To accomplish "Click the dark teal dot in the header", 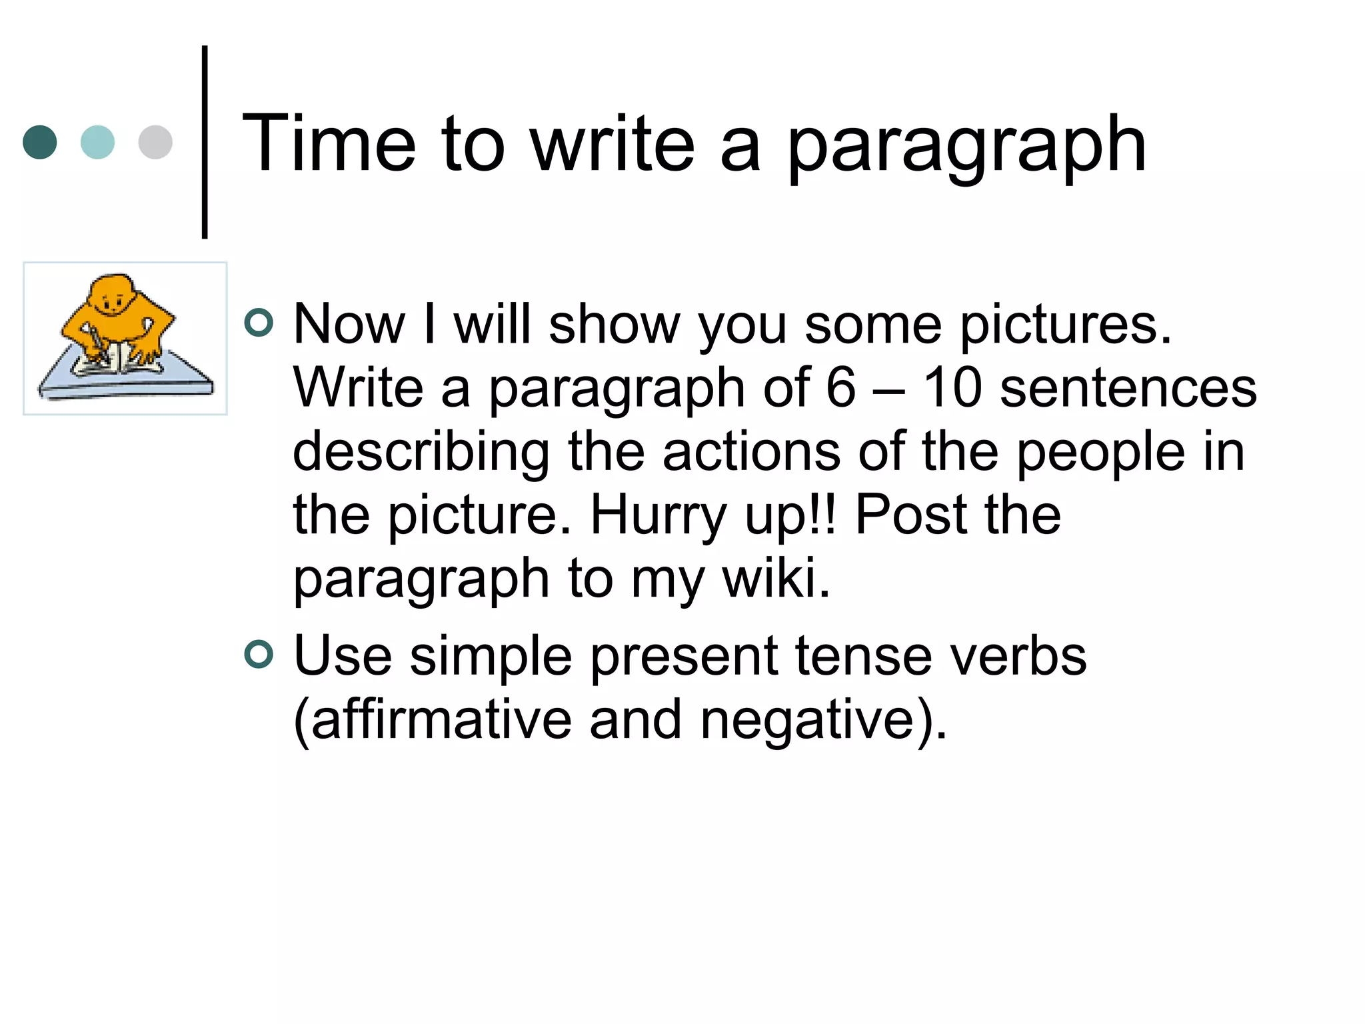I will (x=40, y=142).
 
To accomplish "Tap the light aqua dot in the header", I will (x=97, y=142).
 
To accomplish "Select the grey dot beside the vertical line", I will (x=155, y=142).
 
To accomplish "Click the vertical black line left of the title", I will (x=205, y=142).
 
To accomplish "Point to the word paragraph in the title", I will (x=966, y=147).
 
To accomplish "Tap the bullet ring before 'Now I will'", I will (x=259, y=323).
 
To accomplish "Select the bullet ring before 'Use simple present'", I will (x=259, y=654).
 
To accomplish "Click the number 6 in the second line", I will (x=840, y=387).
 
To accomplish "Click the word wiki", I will (x=776, y=578).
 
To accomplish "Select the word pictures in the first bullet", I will (x=1064, y=325).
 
